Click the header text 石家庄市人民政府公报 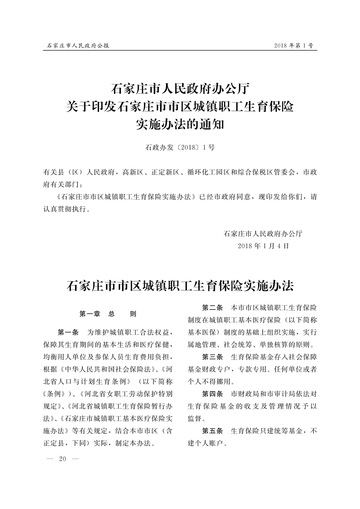coord(78,46)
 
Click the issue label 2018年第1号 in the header coord(293,46)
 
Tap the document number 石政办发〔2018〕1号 coord(180,147)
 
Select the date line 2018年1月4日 coord(263,246)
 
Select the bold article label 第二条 coord(212,308)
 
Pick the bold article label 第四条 coord(212,394)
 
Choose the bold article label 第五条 coord(212,431)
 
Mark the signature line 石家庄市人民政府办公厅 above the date coord(263,234)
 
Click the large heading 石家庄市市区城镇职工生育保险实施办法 coord(180,286)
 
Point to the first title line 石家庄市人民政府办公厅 coord(180,88)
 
